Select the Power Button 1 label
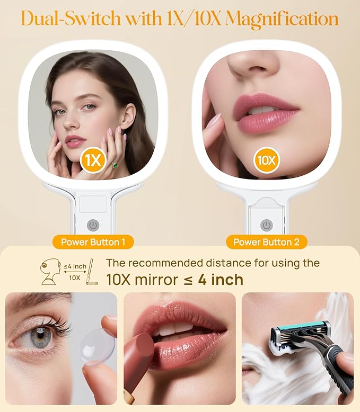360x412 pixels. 93,243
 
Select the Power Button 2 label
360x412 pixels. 267,243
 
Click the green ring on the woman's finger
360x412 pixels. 115,165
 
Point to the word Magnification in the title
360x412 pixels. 282,19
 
